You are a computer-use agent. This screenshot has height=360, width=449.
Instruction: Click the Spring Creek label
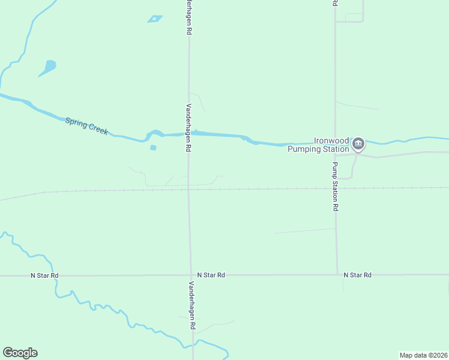click(x=86, y=126)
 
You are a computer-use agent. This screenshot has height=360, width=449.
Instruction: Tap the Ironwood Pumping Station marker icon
click(x=358, y=143)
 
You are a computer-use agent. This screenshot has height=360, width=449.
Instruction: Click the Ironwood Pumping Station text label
click(x=318, y=145)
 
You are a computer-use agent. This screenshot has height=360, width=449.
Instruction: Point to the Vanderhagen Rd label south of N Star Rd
click(x=193, y=305)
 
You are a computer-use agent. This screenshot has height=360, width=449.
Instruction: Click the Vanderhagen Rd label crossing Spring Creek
click(x=188, y=127)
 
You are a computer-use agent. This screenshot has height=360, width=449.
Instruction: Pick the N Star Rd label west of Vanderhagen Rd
click(x=45, y=275)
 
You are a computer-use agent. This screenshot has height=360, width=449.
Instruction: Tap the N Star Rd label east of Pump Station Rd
click(x=358, y=275)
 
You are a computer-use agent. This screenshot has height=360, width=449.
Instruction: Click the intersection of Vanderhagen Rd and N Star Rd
click(x=191, y=275)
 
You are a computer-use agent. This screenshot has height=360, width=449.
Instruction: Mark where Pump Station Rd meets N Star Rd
click(x=337, y=274)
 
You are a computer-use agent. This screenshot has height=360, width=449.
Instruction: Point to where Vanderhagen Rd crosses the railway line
click(x=188, y=190)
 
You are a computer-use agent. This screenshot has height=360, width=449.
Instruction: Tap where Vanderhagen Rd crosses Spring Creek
click(x=189, y=134)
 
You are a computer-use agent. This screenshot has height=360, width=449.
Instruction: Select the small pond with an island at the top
click(x=155, y=19)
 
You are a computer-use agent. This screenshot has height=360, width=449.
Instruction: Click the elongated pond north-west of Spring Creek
click(x=47, y=68)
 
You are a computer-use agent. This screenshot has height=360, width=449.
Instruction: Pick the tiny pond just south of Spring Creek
click(x=153, y=148)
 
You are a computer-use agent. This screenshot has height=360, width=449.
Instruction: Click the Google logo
click(x=20, y=353)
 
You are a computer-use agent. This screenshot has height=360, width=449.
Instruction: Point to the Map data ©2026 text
click(x=423, y=355)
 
